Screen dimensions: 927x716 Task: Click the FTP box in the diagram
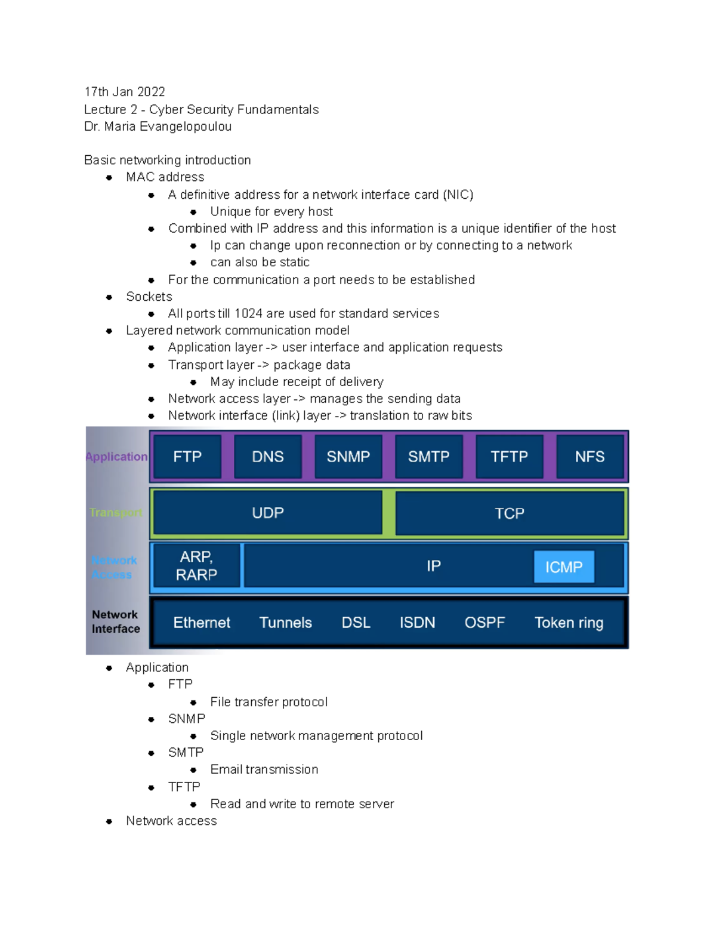coord(187,457)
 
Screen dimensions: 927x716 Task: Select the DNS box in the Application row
coord(267,457)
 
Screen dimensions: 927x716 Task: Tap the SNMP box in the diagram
coord(348,457)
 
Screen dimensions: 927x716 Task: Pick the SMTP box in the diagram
coord(428,457)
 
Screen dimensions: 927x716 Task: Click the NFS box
coord(590,457)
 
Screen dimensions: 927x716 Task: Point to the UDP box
coord(267,513)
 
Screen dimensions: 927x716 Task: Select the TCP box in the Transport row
coord(509,513)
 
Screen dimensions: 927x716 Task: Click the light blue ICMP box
coord(563,566)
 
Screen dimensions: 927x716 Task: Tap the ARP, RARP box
coord(196,565)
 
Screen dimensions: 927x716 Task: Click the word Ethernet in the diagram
coord(202,623)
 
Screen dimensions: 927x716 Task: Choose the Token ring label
coord(569,623)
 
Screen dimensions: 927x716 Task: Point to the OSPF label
coord(484,623)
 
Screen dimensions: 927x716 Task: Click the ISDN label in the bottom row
coord(417,623)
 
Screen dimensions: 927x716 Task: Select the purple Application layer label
coord(116,457)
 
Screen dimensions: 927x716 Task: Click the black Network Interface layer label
coord(116,621)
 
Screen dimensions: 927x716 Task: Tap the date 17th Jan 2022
coord(125,92)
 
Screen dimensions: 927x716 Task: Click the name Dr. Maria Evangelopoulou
coord(158,127)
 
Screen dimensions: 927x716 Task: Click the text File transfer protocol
coord(268,702)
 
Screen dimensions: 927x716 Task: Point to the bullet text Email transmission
coord(264,769)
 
